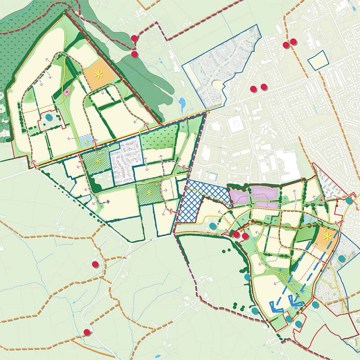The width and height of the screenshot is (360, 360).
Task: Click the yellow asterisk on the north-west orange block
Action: (98, 74)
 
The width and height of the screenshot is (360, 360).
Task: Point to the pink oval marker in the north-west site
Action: (67, 92)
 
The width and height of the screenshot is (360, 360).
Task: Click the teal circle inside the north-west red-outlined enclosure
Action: (49, 117)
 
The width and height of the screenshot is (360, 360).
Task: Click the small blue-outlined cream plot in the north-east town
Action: (318, 60)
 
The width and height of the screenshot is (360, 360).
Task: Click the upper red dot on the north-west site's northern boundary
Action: (135, 38)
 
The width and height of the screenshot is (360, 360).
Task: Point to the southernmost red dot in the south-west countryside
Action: (87, 332)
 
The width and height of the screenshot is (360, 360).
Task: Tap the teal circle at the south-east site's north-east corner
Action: (349, 201)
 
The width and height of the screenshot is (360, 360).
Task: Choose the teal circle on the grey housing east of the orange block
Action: (341, 258)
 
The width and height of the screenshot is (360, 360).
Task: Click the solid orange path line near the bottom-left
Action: (28, 320)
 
